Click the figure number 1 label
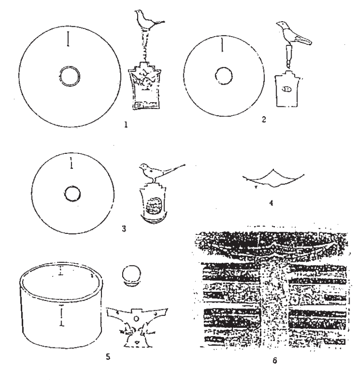tap(126, 125)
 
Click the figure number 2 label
tap(264, 119)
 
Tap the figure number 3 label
tap(124, 228)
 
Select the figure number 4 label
tap(271, 203)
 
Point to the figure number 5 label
tap(108, 356)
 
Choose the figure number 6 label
tap(274, 361)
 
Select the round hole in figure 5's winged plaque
tap(136, 318)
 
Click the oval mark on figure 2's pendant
tap(287, 89)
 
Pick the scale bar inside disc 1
tap(68, 39)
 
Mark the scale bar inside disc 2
tap(222, 45)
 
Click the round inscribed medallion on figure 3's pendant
tap(153, 206)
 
